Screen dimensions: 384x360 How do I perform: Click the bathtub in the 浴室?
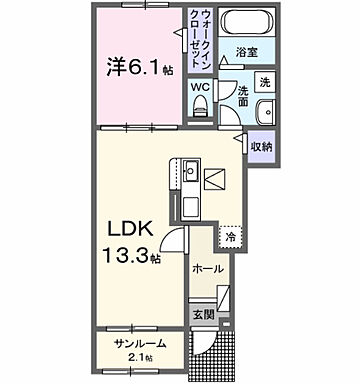pyautogui.click(x=245, y=23)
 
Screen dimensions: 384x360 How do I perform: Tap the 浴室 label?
pyautogui.click(x=247, y=49)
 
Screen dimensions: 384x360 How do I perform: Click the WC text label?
pyautogui.click(x=200, y=86)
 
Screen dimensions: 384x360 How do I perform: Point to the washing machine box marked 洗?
pyautogui.click(x=264, y=81)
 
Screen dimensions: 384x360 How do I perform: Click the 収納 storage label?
pyautogui.click(x=262, y=146)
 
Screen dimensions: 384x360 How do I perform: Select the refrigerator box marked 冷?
pyautogui.click(x=231, y=237)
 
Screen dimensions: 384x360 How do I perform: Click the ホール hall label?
pyautogui.click(x=207, y=269)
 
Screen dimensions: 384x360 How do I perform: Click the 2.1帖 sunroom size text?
pyautogui.click(x=140, y=357)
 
